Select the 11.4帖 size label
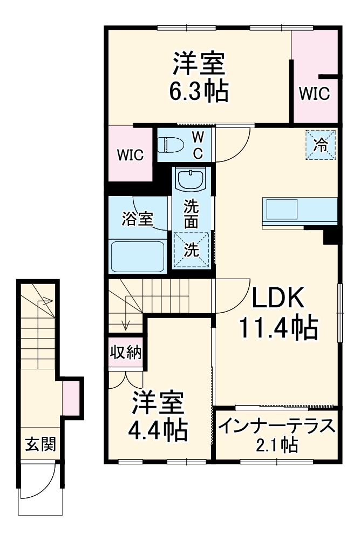point(277,326)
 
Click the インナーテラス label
point(277,427)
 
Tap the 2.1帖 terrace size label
point(277,446)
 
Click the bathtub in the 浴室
point(137,256)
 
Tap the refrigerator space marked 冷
point(321,145)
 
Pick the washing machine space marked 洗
point(191,249)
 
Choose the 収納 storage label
point(126,353)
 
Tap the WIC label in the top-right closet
point(314,94)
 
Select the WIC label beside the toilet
point(131,156)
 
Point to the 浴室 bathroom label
point(137,219)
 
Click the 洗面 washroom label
point(191,214)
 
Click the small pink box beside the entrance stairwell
point(71,397)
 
